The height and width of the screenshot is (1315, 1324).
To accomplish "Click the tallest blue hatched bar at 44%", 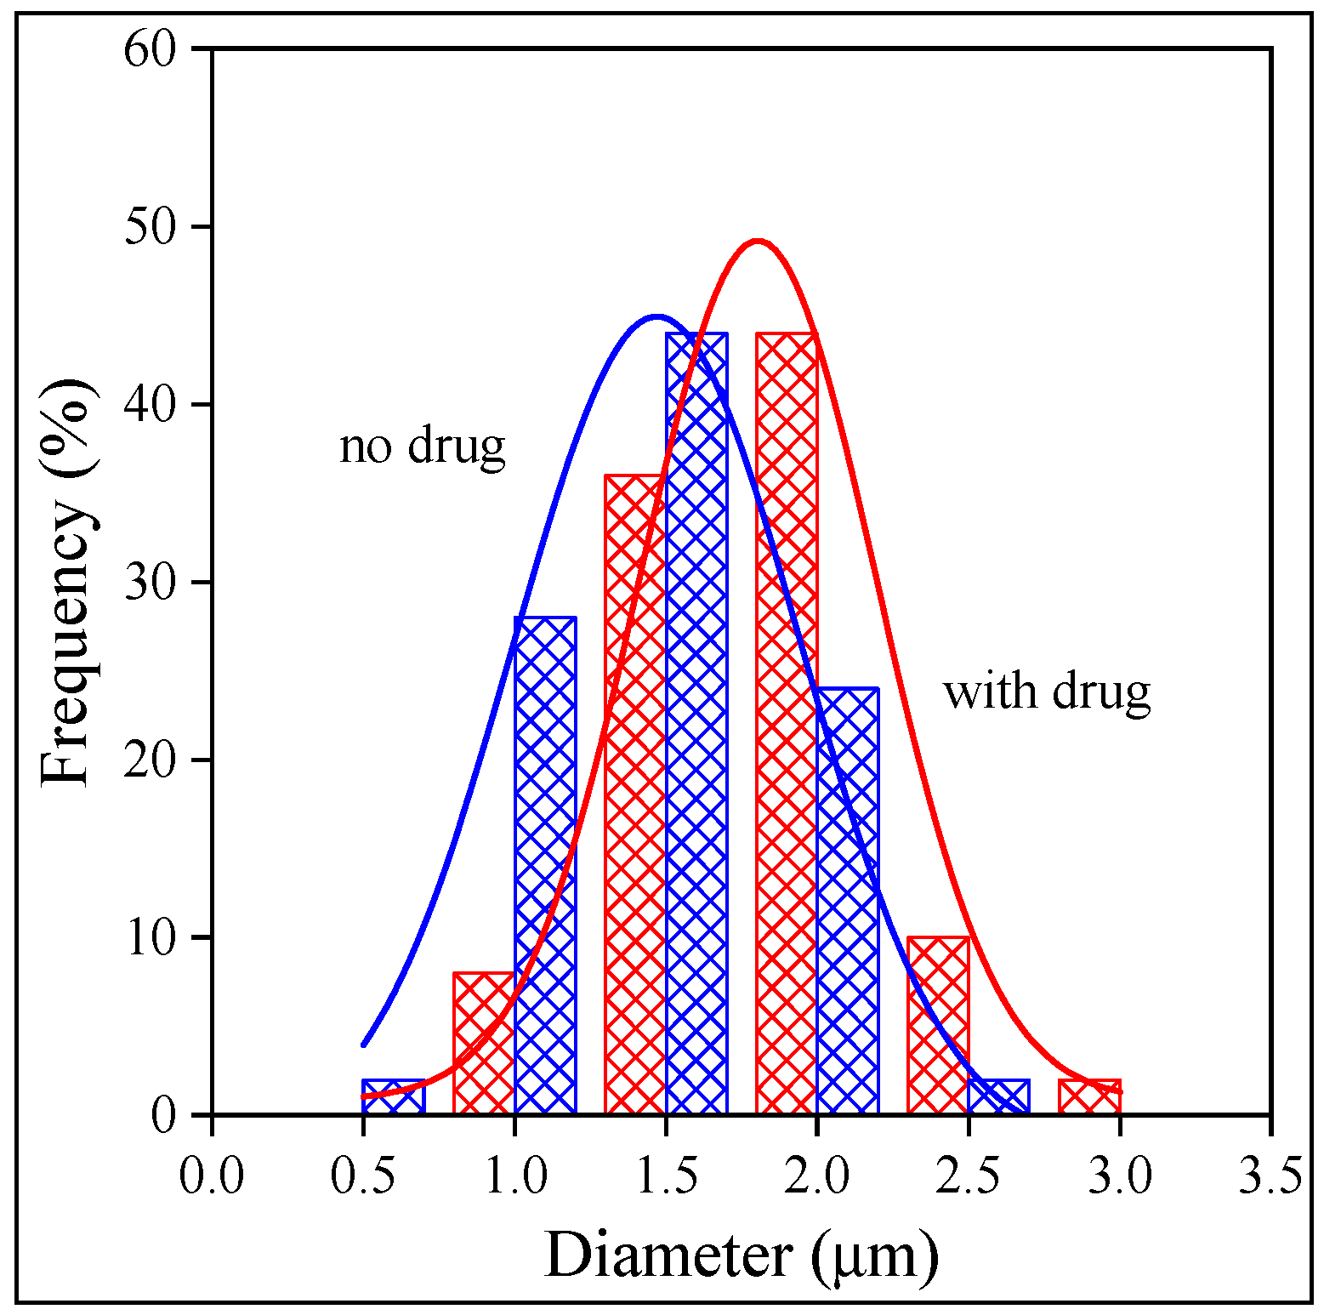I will tap(696, 723).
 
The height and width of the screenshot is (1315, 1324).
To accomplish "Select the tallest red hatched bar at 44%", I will tap(787, 723).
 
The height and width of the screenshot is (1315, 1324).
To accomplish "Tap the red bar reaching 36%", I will tap(634, 794).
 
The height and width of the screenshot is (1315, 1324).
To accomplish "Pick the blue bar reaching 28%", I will tap(545, 865).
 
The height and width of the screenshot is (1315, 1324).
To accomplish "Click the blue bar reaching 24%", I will tap(848, 901).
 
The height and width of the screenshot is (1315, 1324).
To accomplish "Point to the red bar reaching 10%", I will tap(939, 1025).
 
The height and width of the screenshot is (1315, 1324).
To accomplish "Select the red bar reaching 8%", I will tap(484, 1043).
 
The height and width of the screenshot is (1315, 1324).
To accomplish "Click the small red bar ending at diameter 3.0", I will tap(1089, 1096).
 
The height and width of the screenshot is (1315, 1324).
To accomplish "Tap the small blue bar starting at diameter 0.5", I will tap(393, 1096).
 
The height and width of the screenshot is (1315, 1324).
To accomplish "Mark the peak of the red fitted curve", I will tap(757, 242).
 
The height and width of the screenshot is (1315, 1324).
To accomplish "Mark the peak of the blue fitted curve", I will tap(656, 316).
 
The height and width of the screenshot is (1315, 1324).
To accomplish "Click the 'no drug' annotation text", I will tap(422, 446).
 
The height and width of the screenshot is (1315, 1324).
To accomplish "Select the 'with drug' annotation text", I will tap(1047, 692).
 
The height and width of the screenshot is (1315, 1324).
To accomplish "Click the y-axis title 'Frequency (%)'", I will tap(66, 582).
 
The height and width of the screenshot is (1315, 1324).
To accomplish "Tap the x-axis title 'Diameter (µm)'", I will tap(742, 1255).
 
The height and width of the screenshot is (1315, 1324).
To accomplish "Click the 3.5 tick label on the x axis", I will tap(1270, 1176).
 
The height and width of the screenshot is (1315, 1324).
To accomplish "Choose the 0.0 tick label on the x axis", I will tap(212, 1176).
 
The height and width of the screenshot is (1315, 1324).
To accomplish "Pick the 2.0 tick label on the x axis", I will tap(816, 1176).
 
